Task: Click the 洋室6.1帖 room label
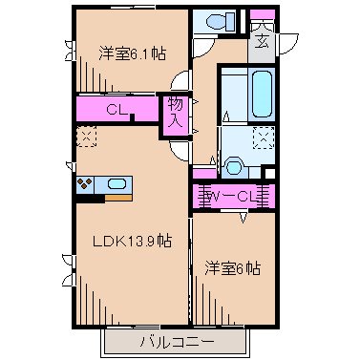coord(131,54)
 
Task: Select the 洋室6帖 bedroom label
coord(232,268)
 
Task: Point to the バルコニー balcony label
coord(174,340)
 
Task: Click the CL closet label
coord(117,109)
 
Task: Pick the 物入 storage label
coord(174,112)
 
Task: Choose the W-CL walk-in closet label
coord(232,198)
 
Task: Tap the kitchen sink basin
coord(117,183)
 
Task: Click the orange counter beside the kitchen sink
coord(117,198)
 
